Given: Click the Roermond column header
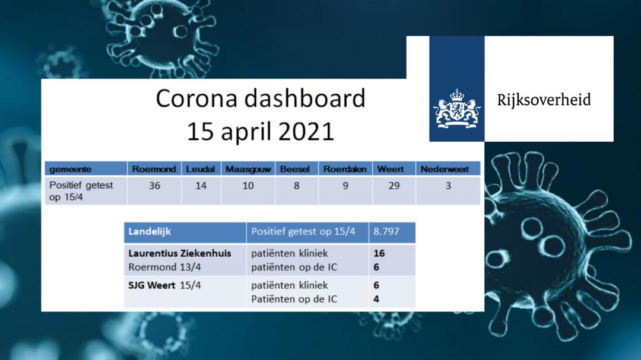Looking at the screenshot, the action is coord(154,169).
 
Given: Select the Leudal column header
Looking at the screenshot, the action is coord(201,169).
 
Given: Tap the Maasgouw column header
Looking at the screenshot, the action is coord(248,169).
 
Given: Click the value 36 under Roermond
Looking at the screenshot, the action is coord(154,186).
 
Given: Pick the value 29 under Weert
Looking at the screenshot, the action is coord(394,186).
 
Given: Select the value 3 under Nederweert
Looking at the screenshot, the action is coord(448,186).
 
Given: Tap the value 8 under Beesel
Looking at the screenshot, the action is coord(297,186).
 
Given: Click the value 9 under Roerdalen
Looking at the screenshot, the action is coord(345,186).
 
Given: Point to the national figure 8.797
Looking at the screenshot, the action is coord(386,231).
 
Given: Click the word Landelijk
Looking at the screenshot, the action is coord(150,232).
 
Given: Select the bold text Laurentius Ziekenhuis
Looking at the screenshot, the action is coord(180,253).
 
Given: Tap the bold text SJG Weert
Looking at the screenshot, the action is coord(152,285).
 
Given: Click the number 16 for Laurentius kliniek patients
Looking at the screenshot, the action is coord(379,253).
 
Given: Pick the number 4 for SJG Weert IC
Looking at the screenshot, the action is coord(376,299).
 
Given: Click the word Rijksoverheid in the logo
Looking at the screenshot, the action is coord(544,100).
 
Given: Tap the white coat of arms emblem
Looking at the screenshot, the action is coord(457,109).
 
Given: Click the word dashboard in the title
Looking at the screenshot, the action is coord(304,98).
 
